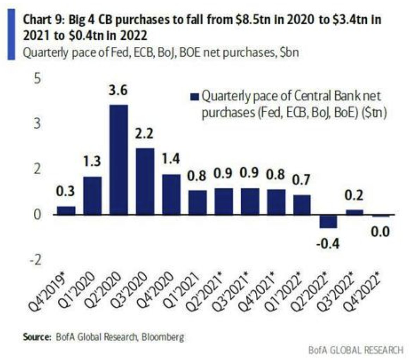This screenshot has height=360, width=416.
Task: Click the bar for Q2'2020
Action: (119, 160)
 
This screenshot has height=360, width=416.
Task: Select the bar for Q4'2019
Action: (66, 210)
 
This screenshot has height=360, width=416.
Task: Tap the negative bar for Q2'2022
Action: (328, 221)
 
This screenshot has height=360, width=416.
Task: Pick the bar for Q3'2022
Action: (354, 212)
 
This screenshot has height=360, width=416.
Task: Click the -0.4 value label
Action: (328, 244)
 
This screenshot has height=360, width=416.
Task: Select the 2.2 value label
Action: (144, 135)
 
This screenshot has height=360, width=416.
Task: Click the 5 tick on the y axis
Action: (37, 79)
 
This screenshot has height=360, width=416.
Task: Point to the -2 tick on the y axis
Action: (35, 260)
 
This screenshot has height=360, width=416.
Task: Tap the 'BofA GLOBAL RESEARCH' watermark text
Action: (355, 350)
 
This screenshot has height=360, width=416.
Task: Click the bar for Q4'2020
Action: (171, 194)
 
